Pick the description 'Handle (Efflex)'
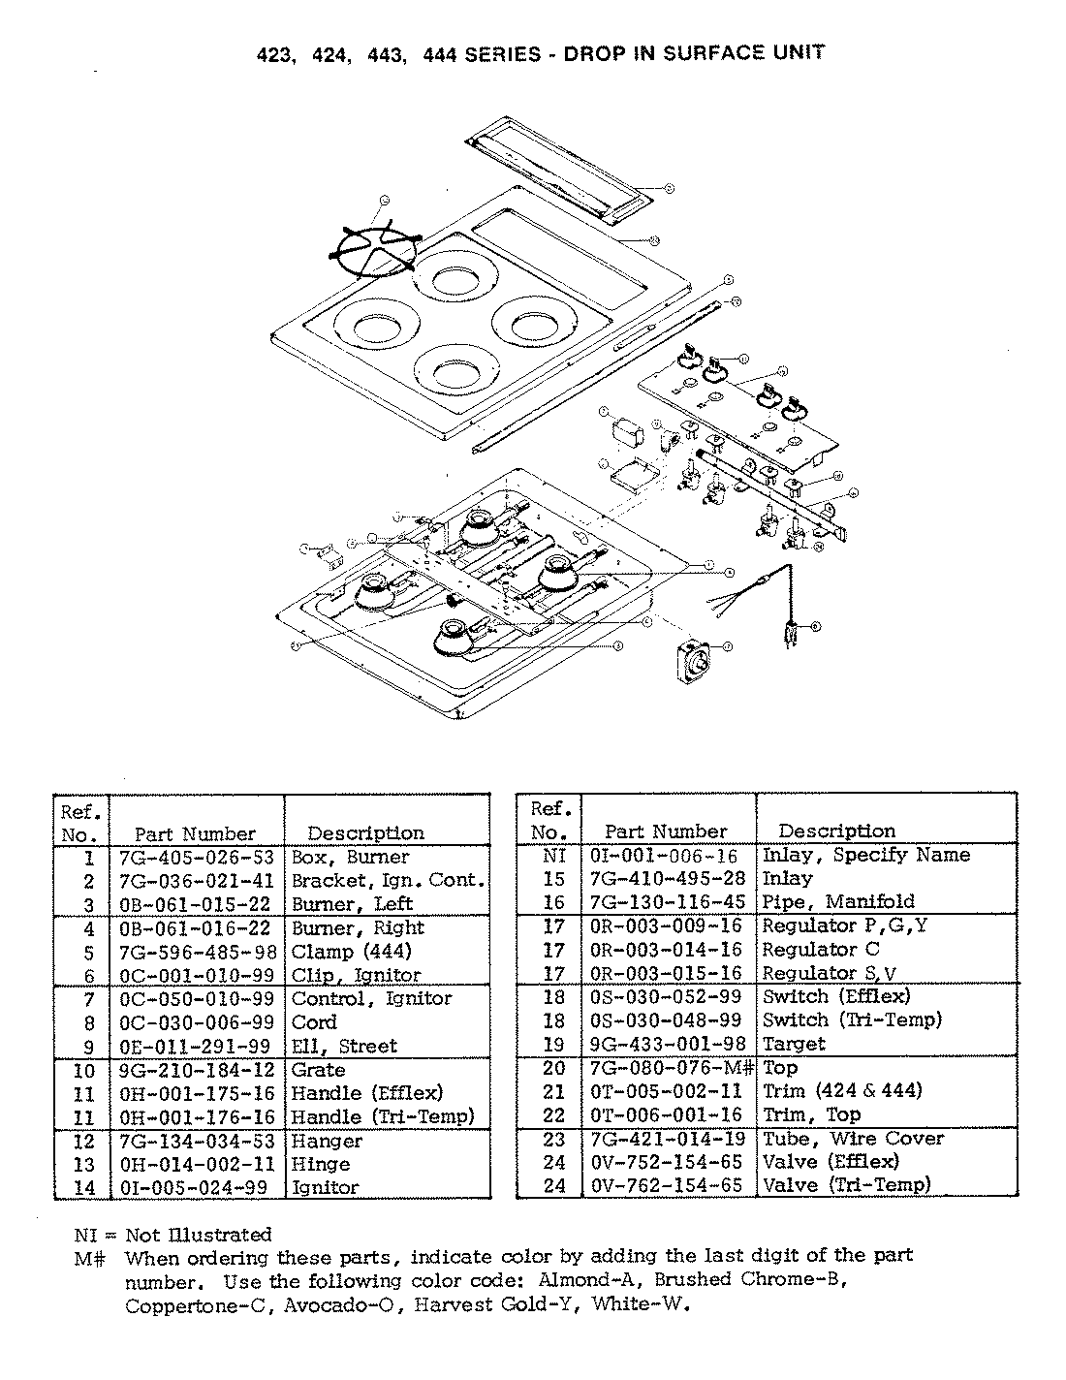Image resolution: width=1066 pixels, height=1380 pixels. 367,1093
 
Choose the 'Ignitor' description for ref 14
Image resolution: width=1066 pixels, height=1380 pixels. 325,1187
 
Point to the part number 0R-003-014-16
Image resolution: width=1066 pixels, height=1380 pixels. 665,950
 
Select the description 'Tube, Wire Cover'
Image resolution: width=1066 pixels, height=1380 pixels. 853,1139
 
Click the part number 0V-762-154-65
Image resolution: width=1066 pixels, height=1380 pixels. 665,1184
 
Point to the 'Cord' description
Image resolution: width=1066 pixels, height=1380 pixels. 314,1022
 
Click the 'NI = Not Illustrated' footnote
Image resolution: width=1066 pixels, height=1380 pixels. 173,1235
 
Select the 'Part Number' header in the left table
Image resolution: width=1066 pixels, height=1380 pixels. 195,833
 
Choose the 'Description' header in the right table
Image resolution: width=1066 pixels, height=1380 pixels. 836,831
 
